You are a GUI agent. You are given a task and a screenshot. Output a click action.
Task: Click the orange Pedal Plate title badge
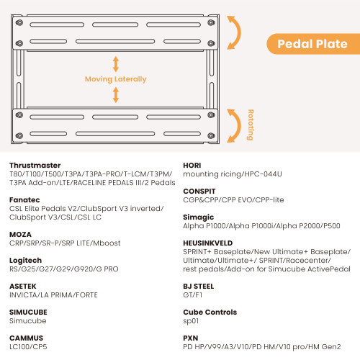[313, 44]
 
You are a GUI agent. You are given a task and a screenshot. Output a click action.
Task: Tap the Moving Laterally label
[115, 79]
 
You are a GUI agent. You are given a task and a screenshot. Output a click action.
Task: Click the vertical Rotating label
[251, 125]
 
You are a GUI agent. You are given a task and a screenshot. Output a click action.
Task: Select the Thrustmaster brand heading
[35, 166]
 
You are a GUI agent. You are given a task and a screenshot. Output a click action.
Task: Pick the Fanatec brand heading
[24, 200]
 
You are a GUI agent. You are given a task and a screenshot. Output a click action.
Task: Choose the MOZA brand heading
[20, 235]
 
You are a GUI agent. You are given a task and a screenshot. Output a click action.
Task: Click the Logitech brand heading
[25, 261]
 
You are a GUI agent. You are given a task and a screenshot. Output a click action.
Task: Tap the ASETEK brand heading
[23, 287]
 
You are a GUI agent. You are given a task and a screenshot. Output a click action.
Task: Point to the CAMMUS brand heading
[26, 338]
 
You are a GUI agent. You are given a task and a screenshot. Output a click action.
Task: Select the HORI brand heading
[192, 166]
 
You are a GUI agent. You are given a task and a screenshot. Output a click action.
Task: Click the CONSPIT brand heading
[199, 192]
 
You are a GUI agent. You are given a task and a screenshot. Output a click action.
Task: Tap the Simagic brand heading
[198, 217]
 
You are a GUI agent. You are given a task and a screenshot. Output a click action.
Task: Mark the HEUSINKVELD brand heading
[208, 243]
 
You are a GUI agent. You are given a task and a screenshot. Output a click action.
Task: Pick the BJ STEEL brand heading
[199, 287]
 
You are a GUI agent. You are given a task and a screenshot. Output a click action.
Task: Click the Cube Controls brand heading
[210, 312]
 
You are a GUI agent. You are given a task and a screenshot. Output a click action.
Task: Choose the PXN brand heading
[191, 338]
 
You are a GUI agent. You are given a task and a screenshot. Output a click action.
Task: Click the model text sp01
[191, 321]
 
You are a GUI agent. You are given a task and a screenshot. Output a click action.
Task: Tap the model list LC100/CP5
[28, 347]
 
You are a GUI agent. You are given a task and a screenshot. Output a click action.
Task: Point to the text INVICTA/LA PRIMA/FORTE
[53, 295]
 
